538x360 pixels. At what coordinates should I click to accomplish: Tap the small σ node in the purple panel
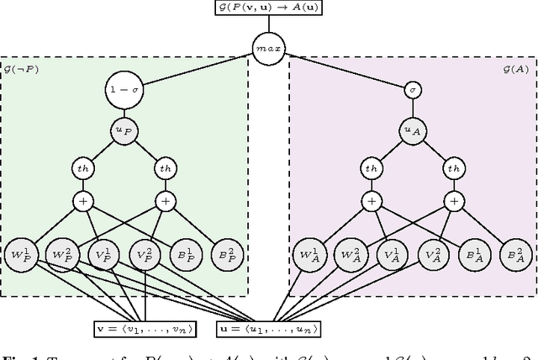coord(412,89)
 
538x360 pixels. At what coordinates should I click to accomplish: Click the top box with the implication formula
coord(267,8)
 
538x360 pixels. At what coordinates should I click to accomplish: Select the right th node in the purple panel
coord(454,168)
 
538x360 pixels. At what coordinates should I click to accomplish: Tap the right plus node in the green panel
coord(166,201)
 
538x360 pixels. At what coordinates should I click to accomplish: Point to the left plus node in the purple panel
coord(371,201)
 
